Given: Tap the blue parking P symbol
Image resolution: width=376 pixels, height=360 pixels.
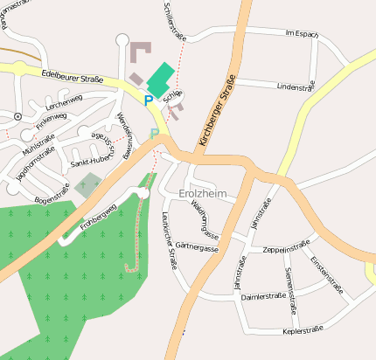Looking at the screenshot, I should click(x=149, y=101).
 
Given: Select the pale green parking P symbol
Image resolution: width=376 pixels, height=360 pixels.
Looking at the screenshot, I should click(x=155, y=134).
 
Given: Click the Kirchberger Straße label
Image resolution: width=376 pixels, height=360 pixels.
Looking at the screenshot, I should click(x=218, y=113).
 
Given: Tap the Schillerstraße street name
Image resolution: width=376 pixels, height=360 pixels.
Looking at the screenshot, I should click(x=175, y=21).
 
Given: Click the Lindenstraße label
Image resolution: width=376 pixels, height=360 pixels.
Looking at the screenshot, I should click(x=295, y=87).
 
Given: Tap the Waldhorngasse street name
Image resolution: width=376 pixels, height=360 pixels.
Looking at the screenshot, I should click(x=205, y=217).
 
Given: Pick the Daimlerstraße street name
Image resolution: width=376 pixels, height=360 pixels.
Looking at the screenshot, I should click(x=263, y=297).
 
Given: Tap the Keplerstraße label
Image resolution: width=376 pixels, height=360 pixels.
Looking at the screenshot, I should click(x=303, y=329).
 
